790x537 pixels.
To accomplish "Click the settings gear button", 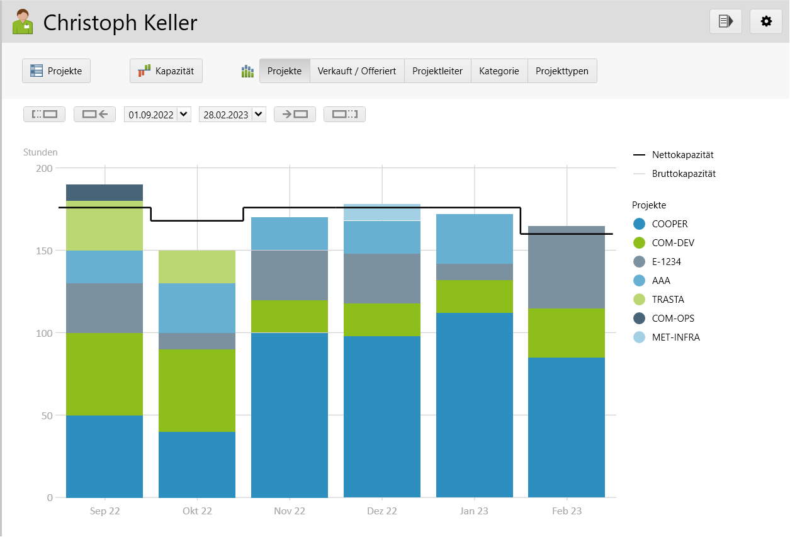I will pos(765,21).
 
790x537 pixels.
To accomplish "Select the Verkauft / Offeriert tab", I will pos(357,71).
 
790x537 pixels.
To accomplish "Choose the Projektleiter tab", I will pos(437,71).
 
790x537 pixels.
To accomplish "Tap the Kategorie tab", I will pos(499,71).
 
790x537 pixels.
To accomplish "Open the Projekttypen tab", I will pos(561,71).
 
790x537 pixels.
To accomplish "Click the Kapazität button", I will pos(166,71).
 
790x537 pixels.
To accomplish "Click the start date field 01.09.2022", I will pos(150,115).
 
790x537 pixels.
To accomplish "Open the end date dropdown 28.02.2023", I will pos(258,115).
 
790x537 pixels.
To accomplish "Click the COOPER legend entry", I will pos(669,224).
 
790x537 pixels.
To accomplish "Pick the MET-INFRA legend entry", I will pos(675,337).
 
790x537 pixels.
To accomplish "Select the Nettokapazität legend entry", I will pos(682,155).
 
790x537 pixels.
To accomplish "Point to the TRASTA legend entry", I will pos(667,300).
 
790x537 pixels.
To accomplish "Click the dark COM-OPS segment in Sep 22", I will pos(104,193).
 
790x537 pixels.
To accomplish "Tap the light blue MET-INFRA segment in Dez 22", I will pos(382,212).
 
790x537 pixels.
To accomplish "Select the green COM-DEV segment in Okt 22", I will pos(197,390).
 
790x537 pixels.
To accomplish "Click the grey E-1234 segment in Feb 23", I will pos(567,267).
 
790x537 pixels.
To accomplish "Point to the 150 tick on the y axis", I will pos(44,251).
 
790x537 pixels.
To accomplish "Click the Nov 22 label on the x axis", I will pos(290,511).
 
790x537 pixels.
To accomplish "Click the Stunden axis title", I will pos(40,152).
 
